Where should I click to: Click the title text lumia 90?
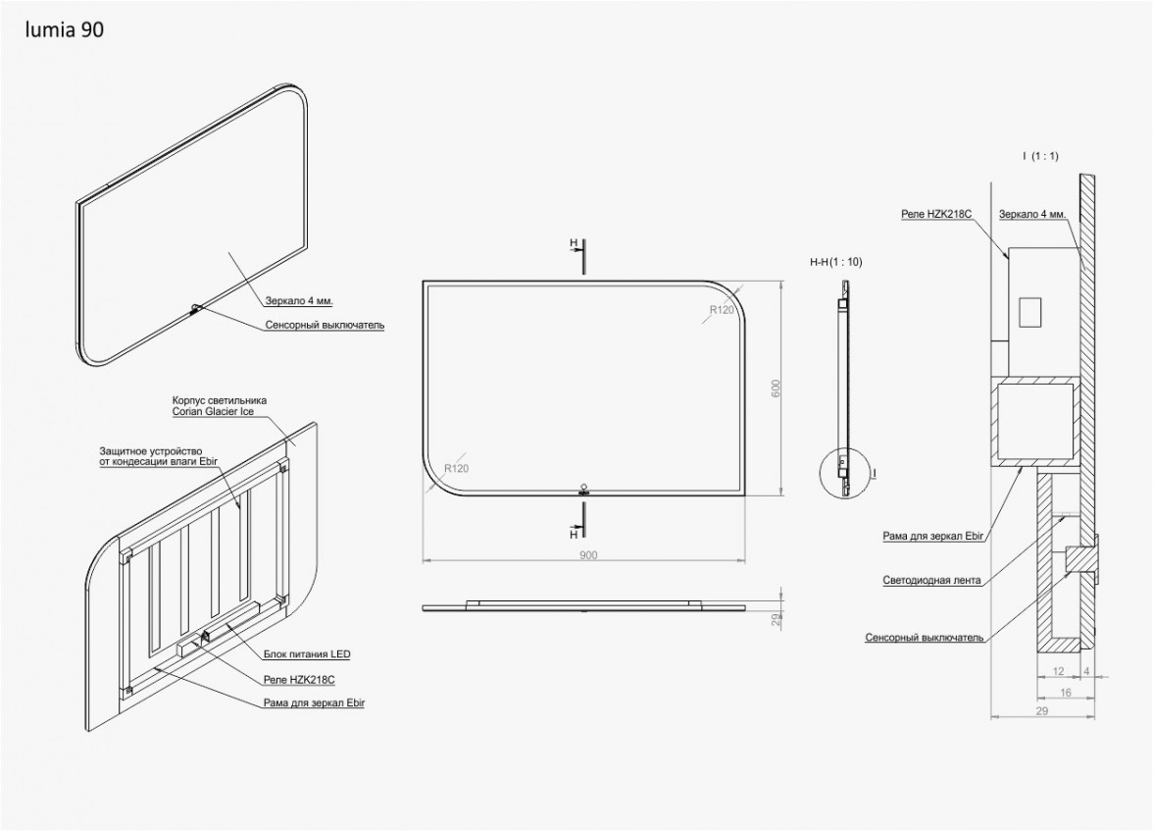coord(64,29)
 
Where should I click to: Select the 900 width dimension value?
coord(588,555)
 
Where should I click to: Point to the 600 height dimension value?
coord(776,389)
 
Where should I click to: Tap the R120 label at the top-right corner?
coord(722,310)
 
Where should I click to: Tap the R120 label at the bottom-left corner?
coord(457,468)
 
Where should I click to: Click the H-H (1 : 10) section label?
coord(836,261)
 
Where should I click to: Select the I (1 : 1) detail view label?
coord(1040,155)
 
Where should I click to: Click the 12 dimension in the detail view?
coord(1058,671)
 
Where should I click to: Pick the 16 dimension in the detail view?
coord(1066,693)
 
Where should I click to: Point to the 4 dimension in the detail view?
coord(1087,671)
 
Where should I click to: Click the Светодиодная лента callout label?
coord(931,580)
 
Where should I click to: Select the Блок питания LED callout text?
coord(307,653)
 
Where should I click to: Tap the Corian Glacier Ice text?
coord(214,411)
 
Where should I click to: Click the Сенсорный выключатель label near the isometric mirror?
coord(326,325)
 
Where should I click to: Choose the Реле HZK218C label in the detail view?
coord(937,214)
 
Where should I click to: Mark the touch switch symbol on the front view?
coord(584,490)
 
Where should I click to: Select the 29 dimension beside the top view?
coord(775,620)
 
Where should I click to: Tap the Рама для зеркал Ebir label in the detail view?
coord(933,536)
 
